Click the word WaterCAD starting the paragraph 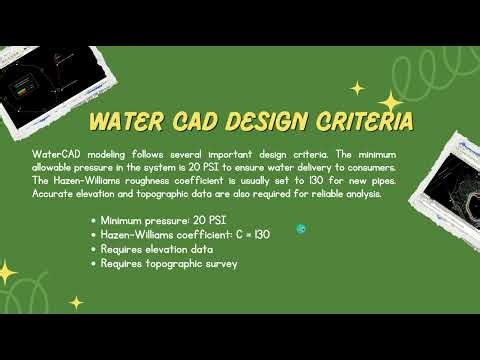pyautogui.click(x=58, y=157)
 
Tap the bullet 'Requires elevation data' pyautogui.click(x=155, y=249)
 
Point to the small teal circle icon pyautogui.click(x=301, y=229)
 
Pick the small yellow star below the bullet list pyautogui.click(x=77, y=301)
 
